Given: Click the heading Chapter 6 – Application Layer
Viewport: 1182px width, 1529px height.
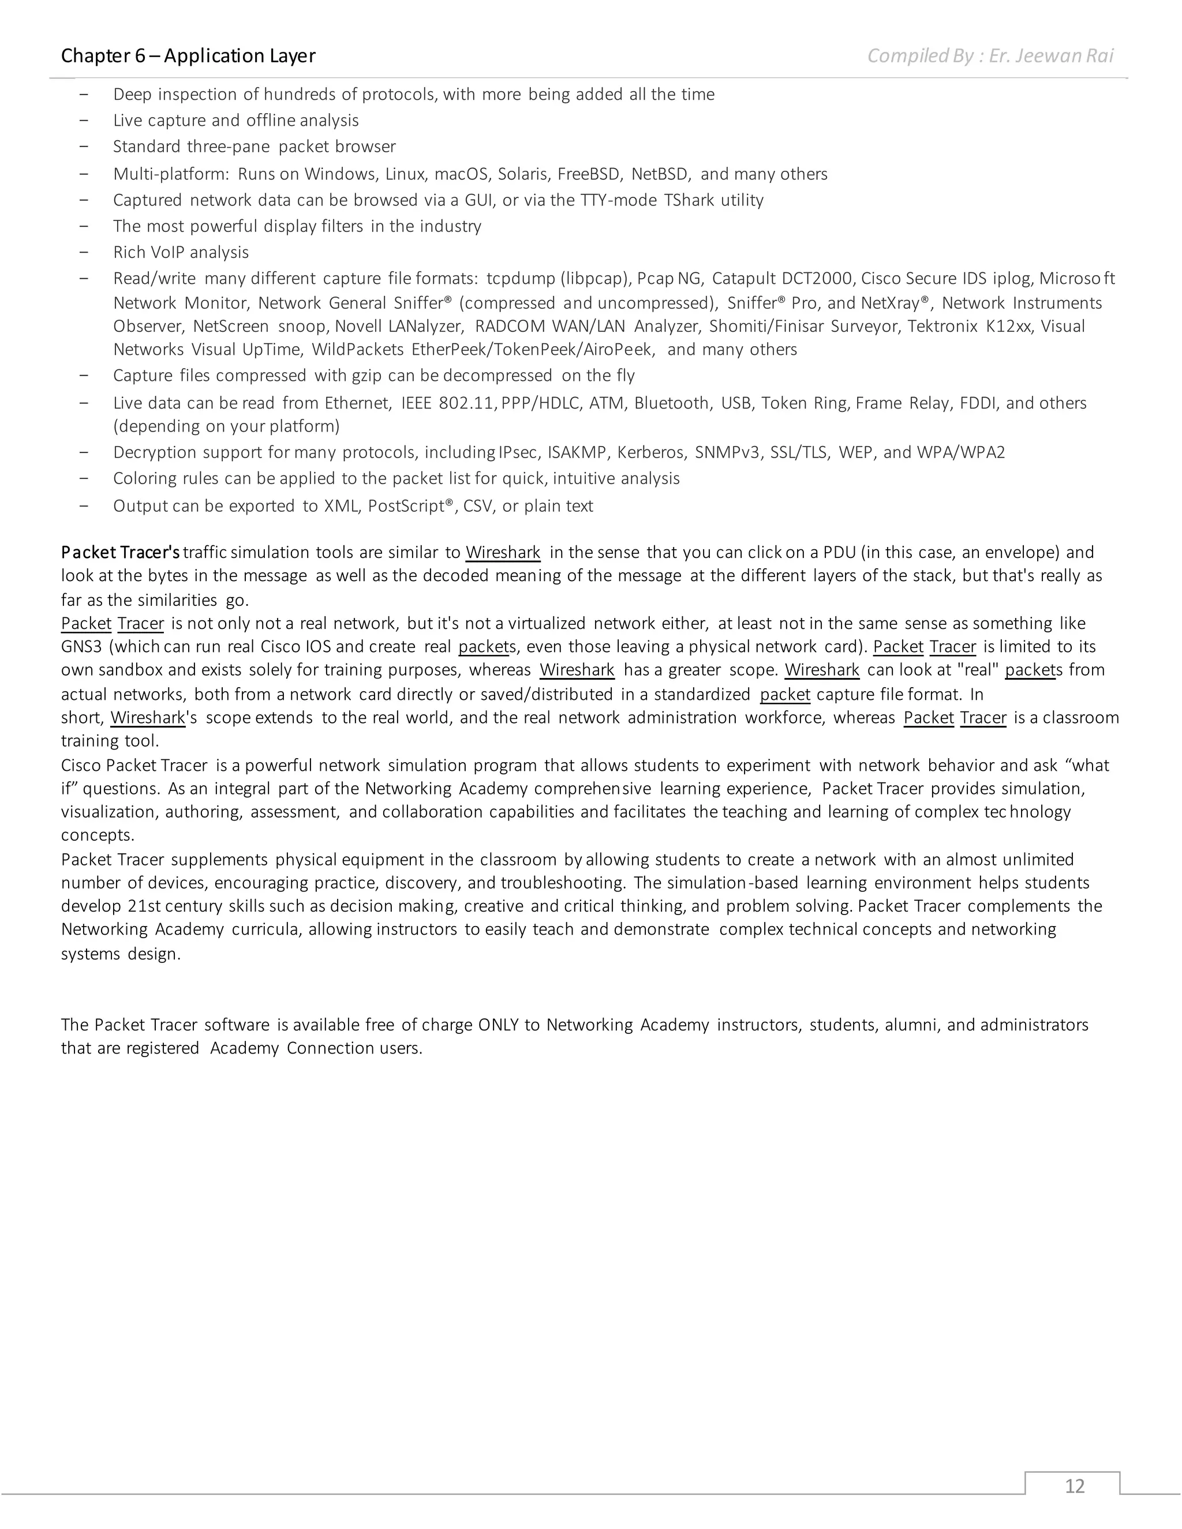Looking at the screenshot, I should pos(188,56).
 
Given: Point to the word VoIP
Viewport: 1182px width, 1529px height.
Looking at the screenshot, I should pos(168,253).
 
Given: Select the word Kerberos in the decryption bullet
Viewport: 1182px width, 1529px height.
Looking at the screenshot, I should pos(649,453).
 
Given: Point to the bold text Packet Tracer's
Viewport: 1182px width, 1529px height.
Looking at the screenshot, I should pos(121,552).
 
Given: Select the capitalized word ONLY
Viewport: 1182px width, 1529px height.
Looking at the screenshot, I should pos(498,1025).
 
